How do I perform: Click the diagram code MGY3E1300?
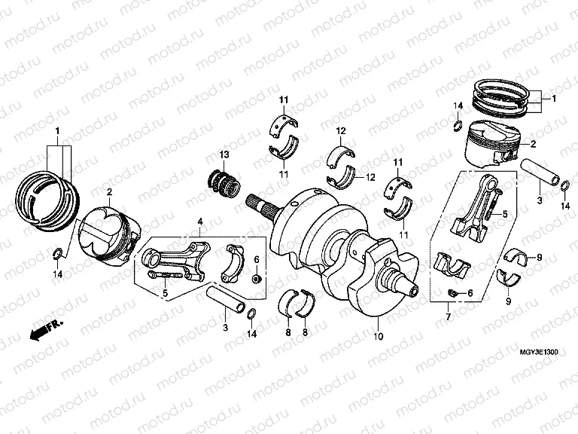coord(540,351)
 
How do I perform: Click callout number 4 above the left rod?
coord(200,221)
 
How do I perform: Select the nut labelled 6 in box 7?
coord(453,292)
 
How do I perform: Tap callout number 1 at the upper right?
coord(554,99)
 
